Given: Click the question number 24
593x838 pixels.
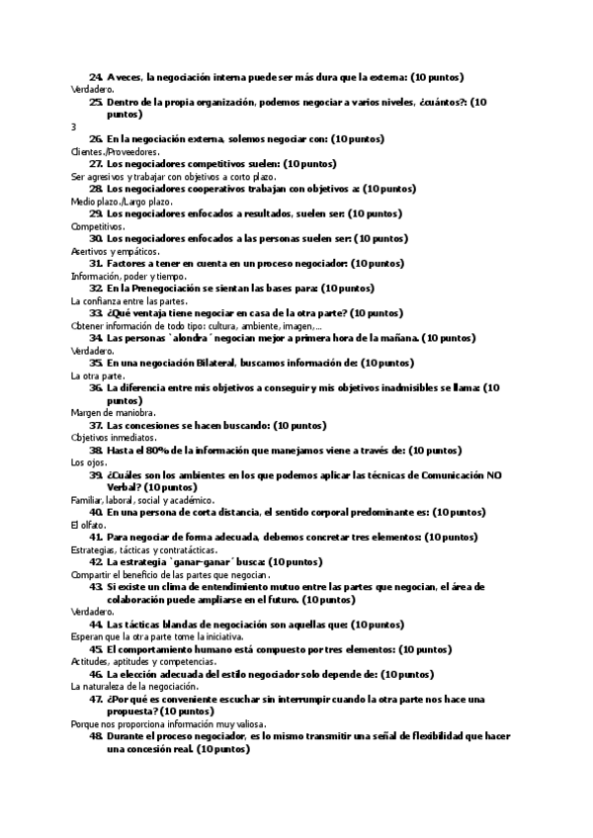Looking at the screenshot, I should click(x=96, y=77).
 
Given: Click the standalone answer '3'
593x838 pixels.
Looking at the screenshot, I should click(x=74, y=126).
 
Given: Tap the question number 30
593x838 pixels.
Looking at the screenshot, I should click(x=96, y=239).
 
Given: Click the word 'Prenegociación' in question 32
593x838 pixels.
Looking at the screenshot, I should click(x=170, y=289).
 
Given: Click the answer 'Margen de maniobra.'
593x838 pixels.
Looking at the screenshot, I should click(x=113, y=413).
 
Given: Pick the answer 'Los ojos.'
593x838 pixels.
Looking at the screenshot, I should click(x=90, y=462).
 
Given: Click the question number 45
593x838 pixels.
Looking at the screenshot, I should click(x=96, y=649).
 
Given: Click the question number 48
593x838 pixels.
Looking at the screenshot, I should click(x=96, y=736).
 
